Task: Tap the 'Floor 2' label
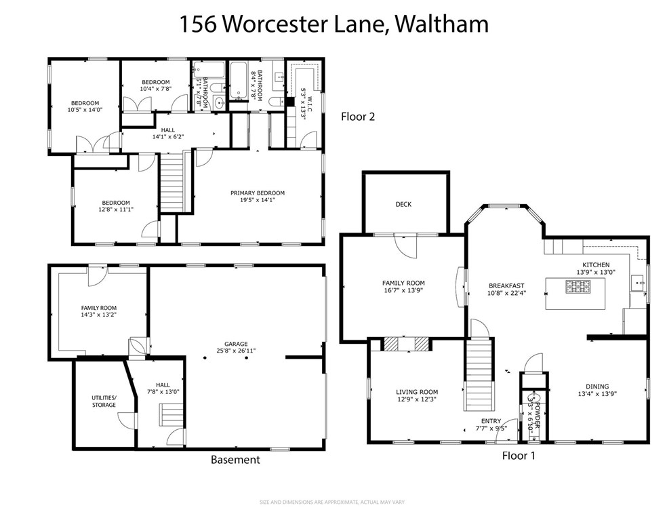(x=357, y=116)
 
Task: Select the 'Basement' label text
(x=235, y=460)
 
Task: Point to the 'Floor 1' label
(x=518, y=456)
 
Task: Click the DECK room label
(x=403, y=204)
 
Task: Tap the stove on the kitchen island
(x=577, y=288)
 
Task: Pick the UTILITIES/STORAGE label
(x=104, y=401)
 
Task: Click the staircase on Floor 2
(x=172, y=183)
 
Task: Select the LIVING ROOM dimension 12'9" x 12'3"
(x=416, y=400)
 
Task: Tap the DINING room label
(x=597, y=386)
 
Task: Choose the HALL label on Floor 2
(x=168, y=129)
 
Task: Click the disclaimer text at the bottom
(x=332, y=502)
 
